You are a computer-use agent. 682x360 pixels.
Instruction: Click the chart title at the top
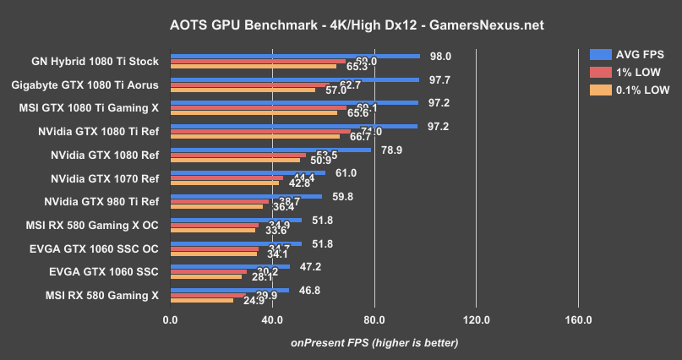point(341,25)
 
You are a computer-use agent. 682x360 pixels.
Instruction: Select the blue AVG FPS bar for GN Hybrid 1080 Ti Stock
point(295,57)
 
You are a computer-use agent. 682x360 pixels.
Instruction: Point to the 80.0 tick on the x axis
point(374,319)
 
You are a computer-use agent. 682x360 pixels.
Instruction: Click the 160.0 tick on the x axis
point(578,319)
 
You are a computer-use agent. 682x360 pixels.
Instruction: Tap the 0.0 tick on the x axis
point(170,319)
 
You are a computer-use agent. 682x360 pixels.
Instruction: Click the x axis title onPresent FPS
point(374,342)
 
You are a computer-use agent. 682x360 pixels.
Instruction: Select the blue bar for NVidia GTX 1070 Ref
point(248,172)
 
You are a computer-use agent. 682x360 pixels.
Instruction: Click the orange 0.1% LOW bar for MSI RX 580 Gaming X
point(201,300)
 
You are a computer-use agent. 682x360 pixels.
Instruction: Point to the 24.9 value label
point(219,300)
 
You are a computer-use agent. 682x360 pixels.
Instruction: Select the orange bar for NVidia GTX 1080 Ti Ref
point(254,136)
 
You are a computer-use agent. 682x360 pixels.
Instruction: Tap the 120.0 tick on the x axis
point(477,319)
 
